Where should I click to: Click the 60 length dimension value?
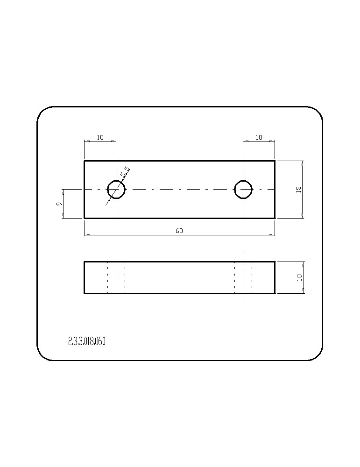[x=179, y=231]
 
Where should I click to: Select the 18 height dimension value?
[x=299, y=190]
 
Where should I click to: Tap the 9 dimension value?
[x=59, y=204]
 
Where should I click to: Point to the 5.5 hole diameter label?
[x=125, y=172]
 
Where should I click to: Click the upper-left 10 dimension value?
[x=100, y=137]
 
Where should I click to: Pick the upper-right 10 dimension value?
[x=259, y=137]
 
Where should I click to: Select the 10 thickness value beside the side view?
[x=299, y=277]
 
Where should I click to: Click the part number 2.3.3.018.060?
[x=87, y=341]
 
